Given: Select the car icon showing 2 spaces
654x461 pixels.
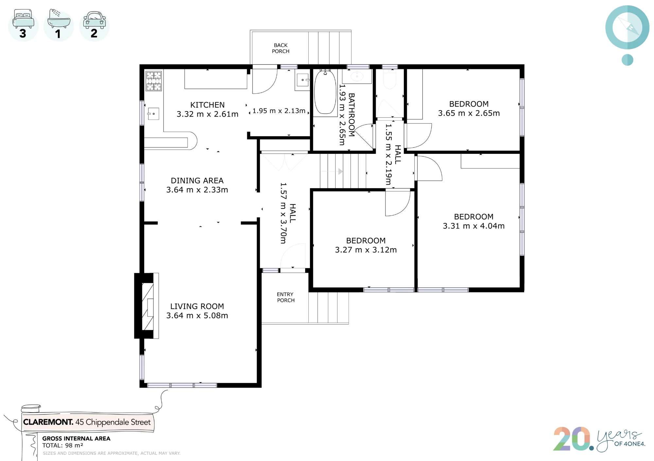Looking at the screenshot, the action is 95,19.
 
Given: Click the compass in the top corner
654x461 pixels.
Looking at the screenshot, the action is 627,27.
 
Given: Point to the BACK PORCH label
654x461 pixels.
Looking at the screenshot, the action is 281,48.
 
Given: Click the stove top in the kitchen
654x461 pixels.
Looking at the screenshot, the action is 154,81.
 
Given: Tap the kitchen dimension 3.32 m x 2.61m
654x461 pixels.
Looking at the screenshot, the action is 207,114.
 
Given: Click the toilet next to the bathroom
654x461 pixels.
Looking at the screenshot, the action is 389,78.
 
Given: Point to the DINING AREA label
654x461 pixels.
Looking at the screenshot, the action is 197,181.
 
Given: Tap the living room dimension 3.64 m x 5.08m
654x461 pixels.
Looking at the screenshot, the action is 197,316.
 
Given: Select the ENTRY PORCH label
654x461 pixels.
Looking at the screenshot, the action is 285,297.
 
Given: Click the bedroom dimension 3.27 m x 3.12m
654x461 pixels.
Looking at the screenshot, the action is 366,250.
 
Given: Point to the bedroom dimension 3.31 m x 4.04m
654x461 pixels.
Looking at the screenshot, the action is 474,226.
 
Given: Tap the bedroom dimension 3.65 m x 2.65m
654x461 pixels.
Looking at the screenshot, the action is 469,113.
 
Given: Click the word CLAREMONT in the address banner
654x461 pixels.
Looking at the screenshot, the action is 48,422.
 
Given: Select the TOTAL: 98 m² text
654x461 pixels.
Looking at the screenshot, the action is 62,446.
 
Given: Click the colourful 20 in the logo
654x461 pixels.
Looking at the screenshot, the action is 572,439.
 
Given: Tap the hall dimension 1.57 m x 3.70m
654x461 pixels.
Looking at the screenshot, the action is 284,213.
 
